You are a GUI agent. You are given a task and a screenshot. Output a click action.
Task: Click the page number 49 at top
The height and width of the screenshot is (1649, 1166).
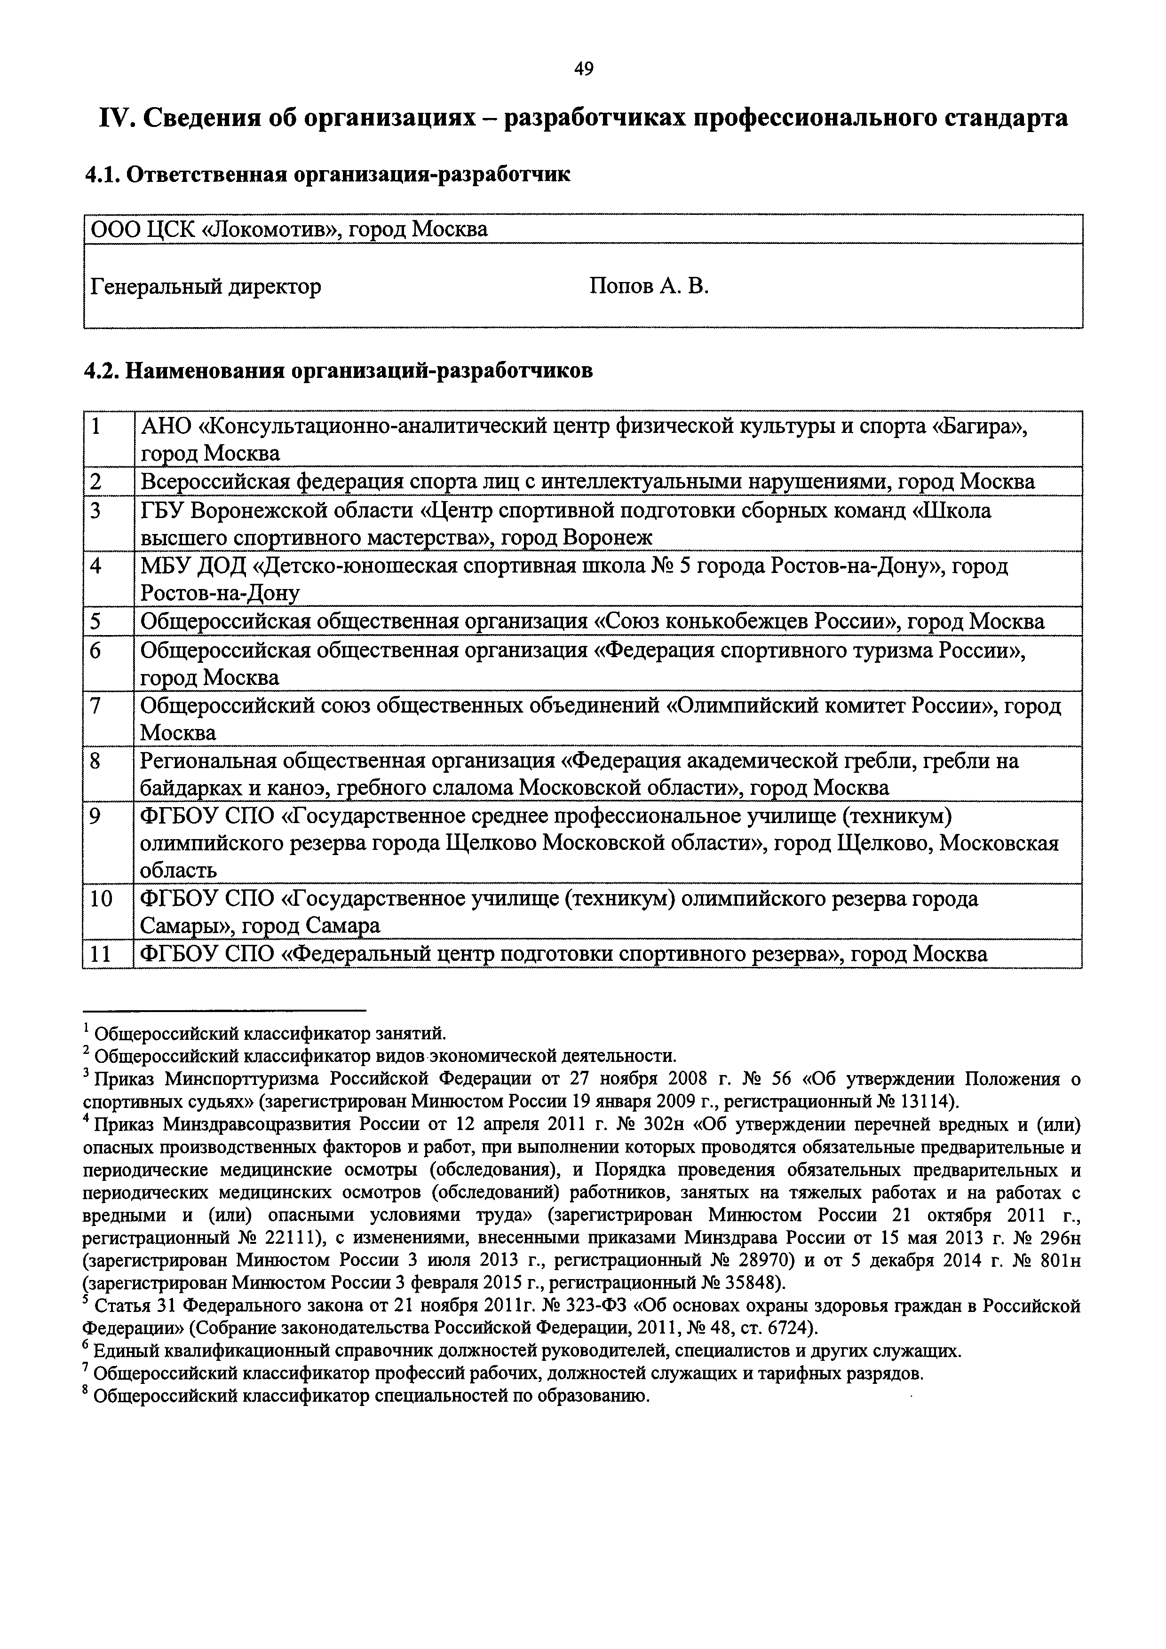click(583, 69)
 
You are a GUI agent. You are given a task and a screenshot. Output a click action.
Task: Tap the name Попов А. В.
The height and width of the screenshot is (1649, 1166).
click(649, 287)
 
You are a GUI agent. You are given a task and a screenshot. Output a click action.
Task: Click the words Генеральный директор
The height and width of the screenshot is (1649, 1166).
click(206, 287)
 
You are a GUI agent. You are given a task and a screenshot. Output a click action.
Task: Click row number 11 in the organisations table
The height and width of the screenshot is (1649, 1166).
click(101, 955)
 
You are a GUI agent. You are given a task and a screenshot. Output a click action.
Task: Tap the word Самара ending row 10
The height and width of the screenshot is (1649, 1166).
click(343, 927)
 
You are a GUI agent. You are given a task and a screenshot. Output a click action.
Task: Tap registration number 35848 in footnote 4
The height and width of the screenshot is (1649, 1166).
click(749, 1283)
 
